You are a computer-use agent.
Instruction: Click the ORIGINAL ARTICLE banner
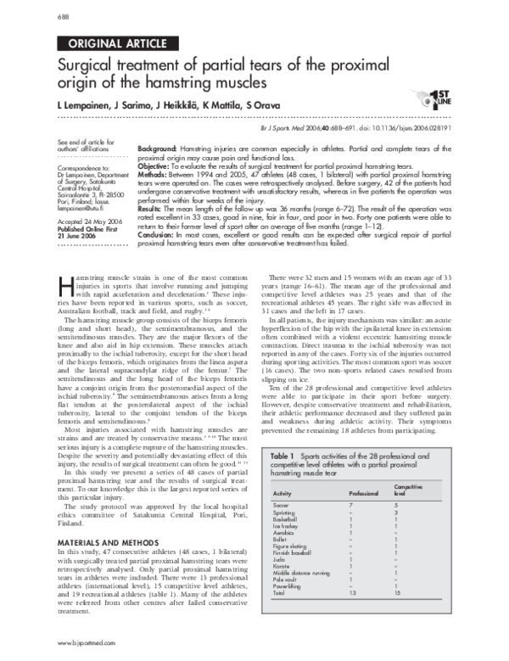108,42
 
